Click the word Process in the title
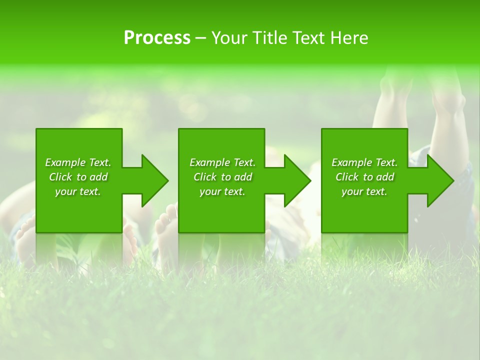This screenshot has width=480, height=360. tap(157, 38)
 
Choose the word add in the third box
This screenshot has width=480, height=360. tap(385, 177)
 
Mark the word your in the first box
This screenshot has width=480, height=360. tap(65, 191)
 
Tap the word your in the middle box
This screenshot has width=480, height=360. tap(209, 191)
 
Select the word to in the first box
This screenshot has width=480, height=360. tap(81, 177)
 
